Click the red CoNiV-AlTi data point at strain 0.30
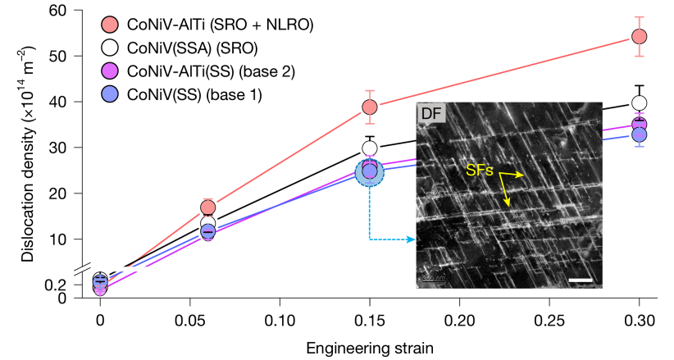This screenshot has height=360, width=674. pyautogui.click(x=640, y=37)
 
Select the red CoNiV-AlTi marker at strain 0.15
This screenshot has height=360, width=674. pyautogui.click(x=370, y=107)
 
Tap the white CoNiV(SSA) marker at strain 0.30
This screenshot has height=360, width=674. pyautogui.click(x=640, y=103)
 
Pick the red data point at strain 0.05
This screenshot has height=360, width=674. pyautogui.click(x=207, y=207)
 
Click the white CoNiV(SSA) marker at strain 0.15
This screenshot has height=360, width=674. pyautogui.click(x=370, y=148)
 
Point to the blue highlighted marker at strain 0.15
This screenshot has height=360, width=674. pyautogui.click(x=370, y=171)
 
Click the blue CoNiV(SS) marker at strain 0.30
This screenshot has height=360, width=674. pyautogui.click(x=640, y=134)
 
